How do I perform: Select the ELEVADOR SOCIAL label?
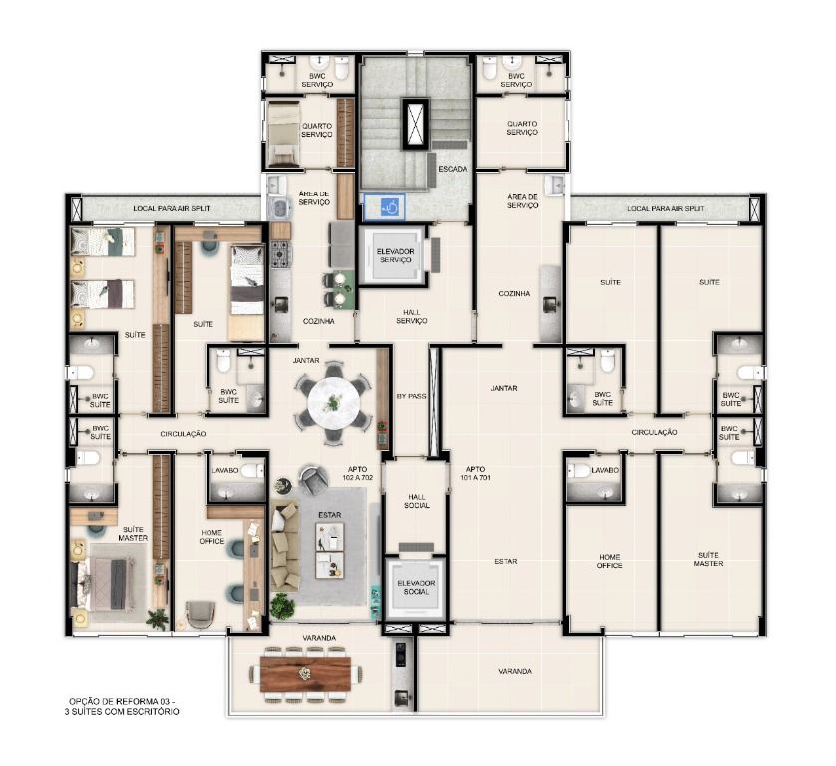[x=416, y=587]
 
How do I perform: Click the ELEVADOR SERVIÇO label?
[x=396, y=256]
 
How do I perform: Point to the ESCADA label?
[x=453, y=169]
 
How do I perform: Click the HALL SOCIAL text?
[x=416, y=501]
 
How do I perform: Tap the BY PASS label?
[x=412, y=397]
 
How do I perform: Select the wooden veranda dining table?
[x=305, y=674]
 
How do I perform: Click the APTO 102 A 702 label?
[x=358, y=474]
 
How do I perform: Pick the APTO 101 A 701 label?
[x=475, y=474]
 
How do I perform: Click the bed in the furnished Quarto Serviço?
[x=283, y=134]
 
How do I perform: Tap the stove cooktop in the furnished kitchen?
[x=281, y=254]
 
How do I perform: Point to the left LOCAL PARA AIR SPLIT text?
[x=172, y=209]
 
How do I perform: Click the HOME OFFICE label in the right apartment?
[x=609, y=561]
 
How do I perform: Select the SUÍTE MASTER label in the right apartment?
[x=708, y=559]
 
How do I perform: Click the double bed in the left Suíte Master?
[x=110, y=582]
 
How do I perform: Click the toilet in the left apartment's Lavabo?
[x=252, y=470]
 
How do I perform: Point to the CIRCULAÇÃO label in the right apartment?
[x=654, y=432]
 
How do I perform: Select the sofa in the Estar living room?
[x=284, y=546]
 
